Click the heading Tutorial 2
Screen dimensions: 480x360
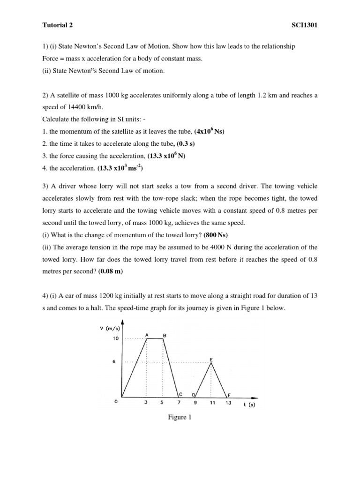pyautogui.click(x=58, y=25)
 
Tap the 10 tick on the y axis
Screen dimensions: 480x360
pyautogui.click(x=115, y=338)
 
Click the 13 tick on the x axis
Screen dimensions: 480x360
pyautogui.click(x=228, y=403)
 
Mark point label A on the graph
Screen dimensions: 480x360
pyautogui.click(x=147, y=335)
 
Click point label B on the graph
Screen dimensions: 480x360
pyautogui.click(x=164, y=335)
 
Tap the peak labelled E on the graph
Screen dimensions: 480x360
pyautogui.click(x=211, y=360)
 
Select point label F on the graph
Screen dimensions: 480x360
pyautogui.click(x=228, y=395)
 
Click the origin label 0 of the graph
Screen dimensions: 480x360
pyautogui.click(x=115, y=403)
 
